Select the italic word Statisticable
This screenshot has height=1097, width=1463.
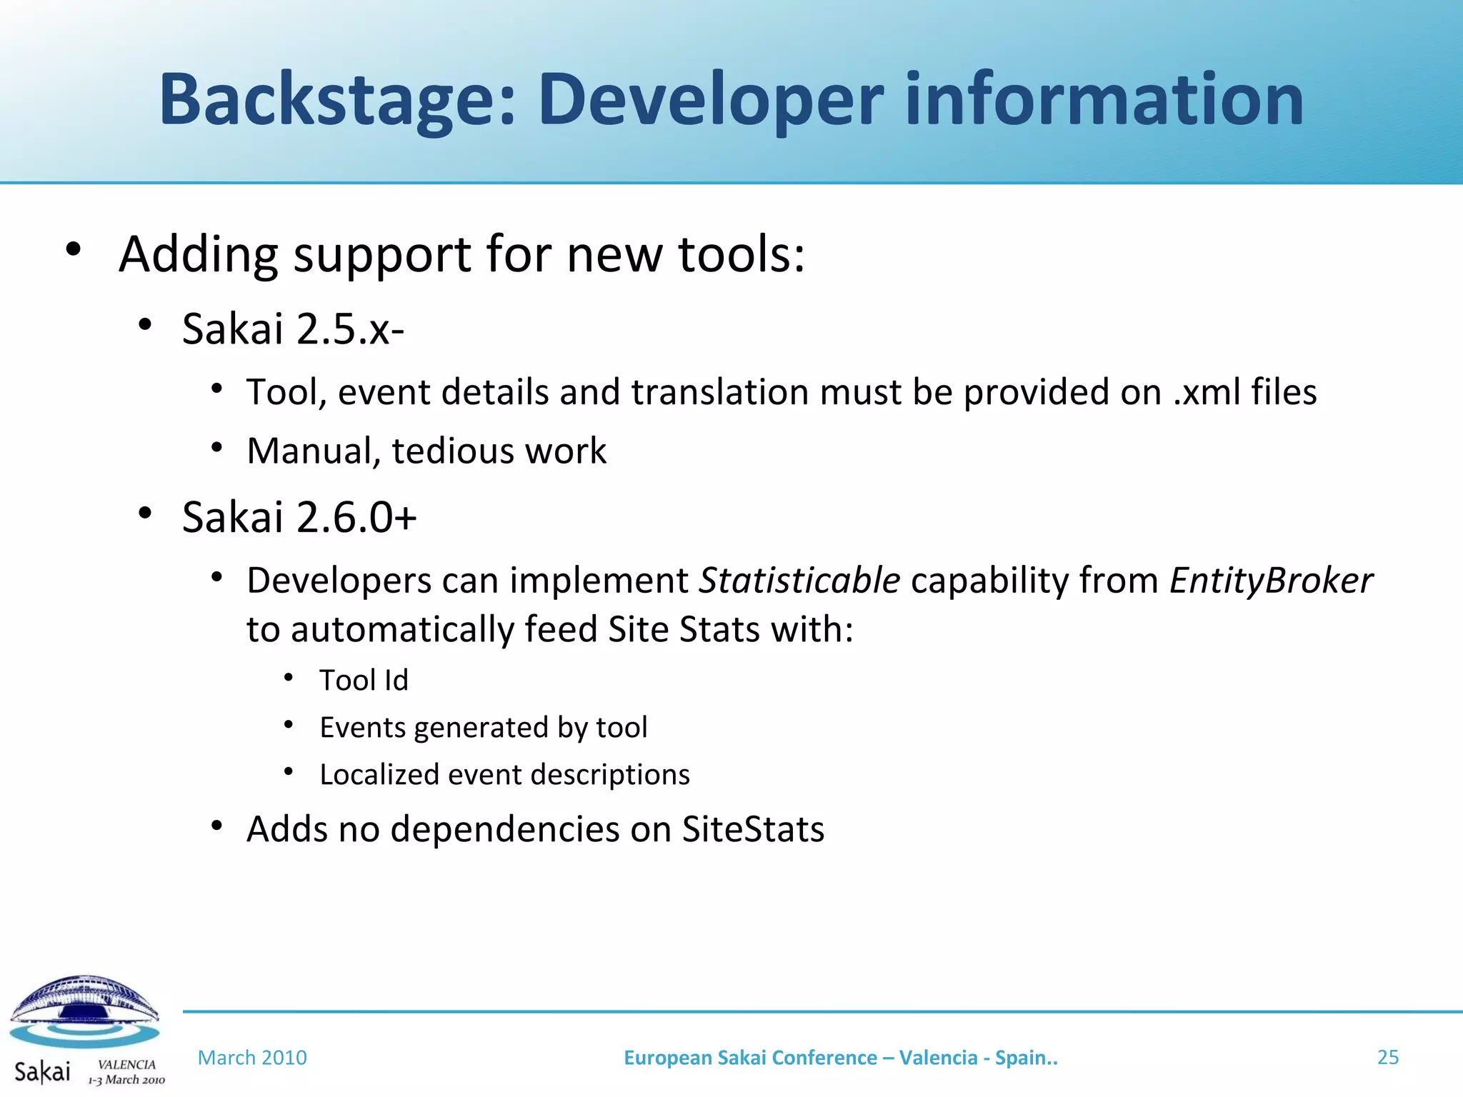click(x=799, y=580)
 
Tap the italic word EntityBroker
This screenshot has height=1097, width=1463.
click(x=1270, y=580)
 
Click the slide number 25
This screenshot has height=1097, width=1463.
click(x=1387, y=1057)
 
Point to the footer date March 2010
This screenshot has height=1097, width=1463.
click(x=252, y=1058)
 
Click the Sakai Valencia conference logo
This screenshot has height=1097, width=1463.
click(x=86, y=1028)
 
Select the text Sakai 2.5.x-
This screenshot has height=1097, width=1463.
click(x=293, y=329)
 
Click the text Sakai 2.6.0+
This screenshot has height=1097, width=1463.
click(x=299, y=517)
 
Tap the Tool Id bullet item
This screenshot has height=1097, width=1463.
click(x=364, y=681)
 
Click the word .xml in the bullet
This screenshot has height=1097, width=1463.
click(x=1207, y=392)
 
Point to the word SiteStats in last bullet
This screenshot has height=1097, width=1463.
click(x=753, y=829)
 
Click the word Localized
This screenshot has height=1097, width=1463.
click(x=379, y=775)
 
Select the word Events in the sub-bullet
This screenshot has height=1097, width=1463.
click(x=362, y=728)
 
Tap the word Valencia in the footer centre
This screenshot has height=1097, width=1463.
click(x=938, y=1058)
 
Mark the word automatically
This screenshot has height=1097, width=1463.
click(x=401, y=630)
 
